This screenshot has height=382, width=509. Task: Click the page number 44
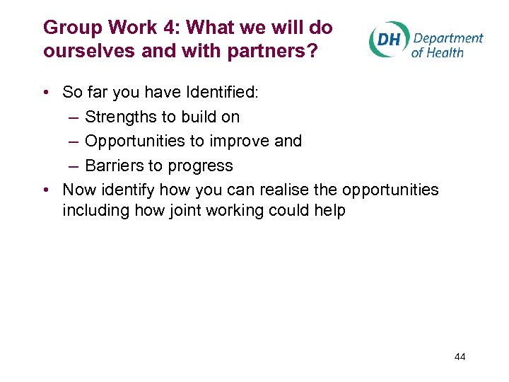[x=460, y=357]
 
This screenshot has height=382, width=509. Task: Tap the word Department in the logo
[x=447, y=37]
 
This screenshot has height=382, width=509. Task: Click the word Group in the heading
[x=68, y=28]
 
